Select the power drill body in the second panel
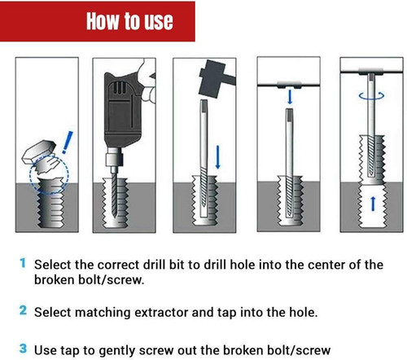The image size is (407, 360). pyautogui.click(x=122, y=106)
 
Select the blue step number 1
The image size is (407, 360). pyautogui.click(x=23, y=264)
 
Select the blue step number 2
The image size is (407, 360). pyautogui.click(x=23, y=310)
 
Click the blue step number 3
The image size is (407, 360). pyautogui.click(x=23, y=349)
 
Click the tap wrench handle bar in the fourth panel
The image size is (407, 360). pyautogui.click(x=288, y=84)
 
